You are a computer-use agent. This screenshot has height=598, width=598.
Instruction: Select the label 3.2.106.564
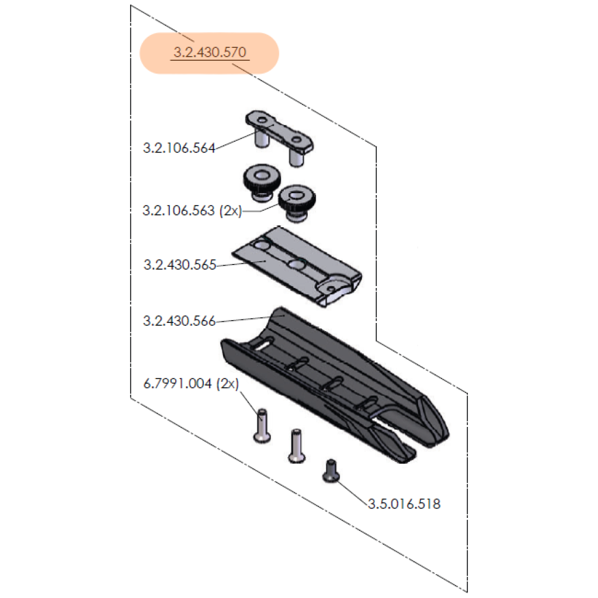click(x=179, y=148)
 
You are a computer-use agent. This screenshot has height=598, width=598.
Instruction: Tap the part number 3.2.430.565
click(x=179, y=265)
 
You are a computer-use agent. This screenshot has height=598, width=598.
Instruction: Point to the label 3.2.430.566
click(x=179, y=321)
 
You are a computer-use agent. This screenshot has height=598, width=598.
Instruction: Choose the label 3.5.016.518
click(x=404, y=503)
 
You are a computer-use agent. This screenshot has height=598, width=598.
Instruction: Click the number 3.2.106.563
click(x=179, y=211)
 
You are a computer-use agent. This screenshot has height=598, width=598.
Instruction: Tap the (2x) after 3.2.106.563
click(x=231, y=211)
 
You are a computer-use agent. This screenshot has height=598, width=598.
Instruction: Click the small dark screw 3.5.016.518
click(x=332, y=470)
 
